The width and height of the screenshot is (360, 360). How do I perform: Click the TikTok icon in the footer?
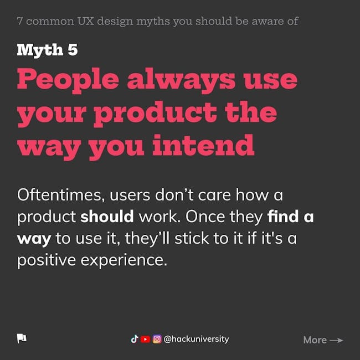coord(135,339)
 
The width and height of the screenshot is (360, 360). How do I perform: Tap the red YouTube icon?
coord(145,339)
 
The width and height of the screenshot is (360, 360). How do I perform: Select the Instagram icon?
coord(157,339)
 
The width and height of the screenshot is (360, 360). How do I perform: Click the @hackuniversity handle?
coord(196,339)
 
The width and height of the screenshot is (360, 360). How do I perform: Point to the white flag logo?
coord(22,338)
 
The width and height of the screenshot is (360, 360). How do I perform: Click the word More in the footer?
coord(315,340)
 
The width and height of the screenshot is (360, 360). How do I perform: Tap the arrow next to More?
coord(336,340)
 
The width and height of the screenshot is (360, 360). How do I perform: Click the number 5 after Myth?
coord(73,50)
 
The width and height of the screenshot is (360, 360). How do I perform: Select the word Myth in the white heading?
coord(40,50)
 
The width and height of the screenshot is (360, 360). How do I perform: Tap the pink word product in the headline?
coord(155,114)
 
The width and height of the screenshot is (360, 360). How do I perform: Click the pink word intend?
coord(203,145)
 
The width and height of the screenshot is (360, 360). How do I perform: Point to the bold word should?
coord(107,216)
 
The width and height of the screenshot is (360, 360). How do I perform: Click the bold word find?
coord(283,216)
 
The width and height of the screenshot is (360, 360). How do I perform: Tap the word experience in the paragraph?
coord(124,261)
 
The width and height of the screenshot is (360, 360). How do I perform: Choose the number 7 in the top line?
coord(20,21)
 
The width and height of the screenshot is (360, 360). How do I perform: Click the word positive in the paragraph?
coord(47,261)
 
